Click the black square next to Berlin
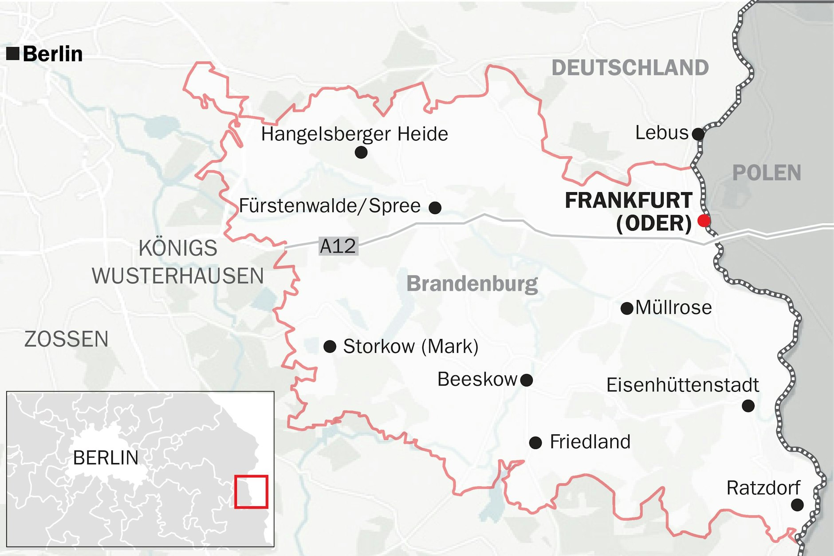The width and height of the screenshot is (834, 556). [x=13, y=54]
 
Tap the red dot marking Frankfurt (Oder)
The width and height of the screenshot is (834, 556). [x=704, y=221]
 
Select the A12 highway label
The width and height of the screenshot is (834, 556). [x=338, y=246]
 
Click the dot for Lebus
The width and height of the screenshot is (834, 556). [x=698, y=134]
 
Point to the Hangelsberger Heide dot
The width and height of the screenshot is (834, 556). [x=361, y=153]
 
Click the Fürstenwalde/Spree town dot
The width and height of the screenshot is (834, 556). [x=435, y=207]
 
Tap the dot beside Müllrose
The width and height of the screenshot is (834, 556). [x=627, y=308]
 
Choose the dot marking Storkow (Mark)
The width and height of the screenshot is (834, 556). [x=330, y=347]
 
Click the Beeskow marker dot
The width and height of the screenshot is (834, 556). [x=527, y=380]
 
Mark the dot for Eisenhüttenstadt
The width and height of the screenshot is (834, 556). [x=748, y=406]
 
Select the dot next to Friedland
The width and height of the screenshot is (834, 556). [x=535, y=442]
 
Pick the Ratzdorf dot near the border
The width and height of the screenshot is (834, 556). [x=797, y=505]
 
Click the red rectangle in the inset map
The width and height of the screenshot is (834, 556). [x=251, y=492]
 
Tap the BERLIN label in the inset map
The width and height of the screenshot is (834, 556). [x=106, y=458]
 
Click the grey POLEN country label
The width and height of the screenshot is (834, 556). [x=767, y=173]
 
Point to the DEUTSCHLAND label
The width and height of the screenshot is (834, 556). [x=630, y=68]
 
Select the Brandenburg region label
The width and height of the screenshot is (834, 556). [x=472, y=284]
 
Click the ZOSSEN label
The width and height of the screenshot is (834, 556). [x=67, y=339]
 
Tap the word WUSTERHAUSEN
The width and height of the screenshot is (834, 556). [x=178, y=276]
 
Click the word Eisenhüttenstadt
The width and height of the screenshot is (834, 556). [x=682, y=385]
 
